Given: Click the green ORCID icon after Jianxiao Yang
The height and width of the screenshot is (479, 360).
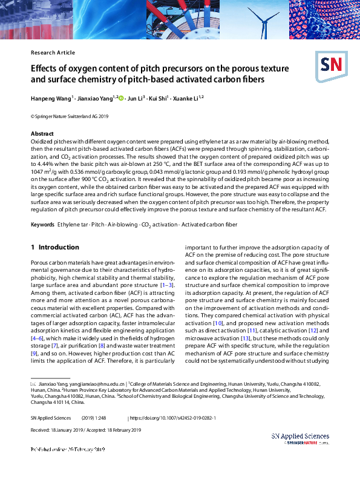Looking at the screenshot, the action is pos(121,97).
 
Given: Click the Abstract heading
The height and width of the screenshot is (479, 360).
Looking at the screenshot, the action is pos(42,133).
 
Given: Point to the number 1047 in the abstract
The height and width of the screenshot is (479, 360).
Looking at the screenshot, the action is pos(38,171).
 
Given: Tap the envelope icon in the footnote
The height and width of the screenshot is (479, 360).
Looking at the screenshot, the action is pos(33,384).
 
